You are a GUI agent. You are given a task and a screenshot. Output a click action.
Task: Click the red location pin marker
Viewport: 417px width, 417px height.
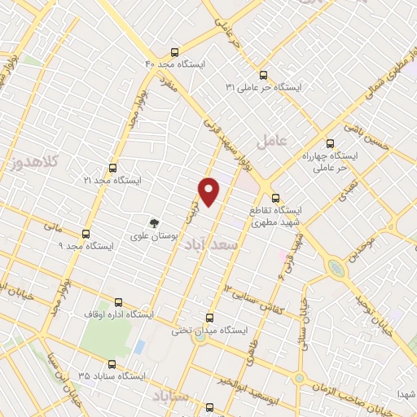pos(209,191)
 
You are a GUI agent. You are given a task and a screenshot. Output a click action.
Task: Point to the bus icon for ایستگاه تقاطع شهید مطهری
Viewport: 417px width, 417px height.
pos(274,197)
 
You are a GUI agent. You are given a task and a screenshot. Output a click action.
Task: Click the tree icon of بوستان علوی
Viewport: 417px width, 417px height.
pos(152,222)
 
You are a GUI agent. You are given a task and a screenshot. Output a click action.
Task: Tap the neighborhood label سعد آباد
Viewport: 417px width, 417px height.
pos(221,244)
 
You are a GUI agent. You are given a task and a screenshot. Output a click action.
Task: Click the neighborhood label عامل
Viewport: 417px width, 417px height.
pos(272,140)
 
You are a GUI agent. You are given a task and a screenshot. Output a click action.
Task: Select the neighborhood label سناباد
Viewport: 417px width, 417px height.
pos(170,396)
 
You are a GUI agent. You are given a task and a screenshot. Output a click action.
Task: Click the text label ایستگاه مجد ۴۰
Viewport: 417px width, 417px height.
pos(176,64)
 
